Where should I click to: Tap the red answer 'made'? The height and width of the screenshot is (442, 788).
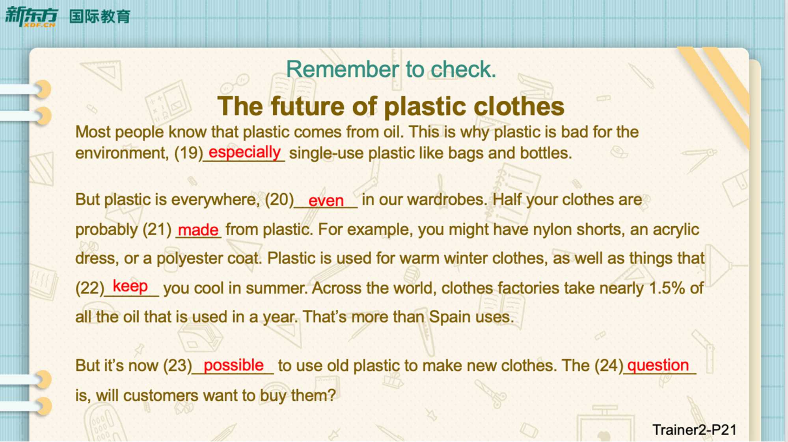tap(198, 229)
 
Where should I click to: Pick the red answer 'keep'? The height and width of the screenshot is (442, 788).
tap(130, 287)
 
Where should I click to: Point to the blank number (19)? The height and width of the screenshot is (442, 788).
tap(188, 153)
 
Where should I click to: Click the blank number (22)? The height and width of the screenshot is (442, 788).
tap(90, 288)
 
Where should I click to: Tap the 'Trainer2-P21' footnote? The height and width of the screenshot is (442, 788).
tap(695, 430)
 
